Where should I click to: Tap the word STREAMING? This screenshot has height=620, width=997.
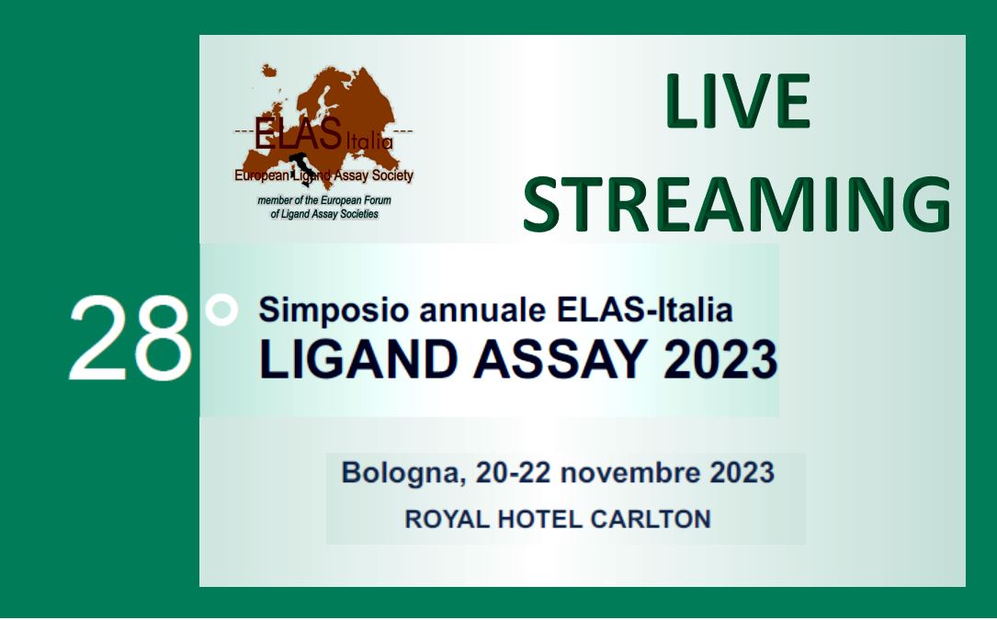(737, 204)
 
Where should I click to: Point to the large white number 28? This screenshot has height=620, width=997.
(130, 338)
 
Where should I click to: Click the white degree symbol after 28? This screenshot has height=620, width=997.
(221, 310)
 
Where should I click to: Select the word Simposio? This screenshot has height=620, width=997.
(334, 310)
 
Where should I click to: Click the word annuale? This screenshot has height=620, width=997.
(482, 310)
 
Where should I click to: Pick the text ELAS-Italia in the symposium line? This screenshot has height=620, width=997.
(644, 310)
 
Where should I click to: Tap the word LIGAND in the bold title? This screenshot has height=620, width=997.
(358, 360)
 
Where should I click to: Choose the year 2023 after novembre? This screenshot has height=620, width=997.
(742, 473)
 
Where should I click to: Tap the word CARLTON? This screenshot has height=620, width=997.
(651, 520)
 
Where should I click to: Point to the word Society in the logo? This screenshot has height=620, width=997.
(392, 175)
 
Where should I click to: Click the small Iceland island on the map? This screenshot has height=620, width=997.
(269, 70)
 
